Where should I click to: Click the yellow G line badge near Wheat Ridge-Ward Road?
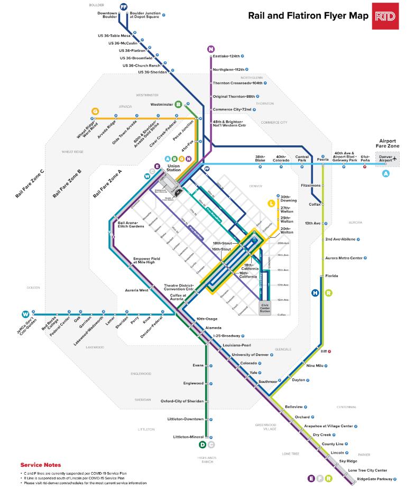click(x=95, y=111)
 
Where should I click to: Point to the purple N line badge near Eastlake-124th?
click(x=211, y=49)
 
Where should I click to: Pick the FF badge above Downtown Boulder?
click(x=124, y=6)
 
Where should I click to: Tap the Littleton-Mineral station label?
click(x=188, y=437)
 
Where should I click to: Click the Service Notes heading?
click(x=40, y=465)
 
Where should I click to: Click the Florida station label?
click(x=332, y=275)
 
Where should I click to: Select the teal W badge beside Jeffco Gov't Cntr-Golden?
click(x=25, y=314)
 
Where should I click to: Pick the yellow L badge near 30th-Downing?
click(x=272, y=203)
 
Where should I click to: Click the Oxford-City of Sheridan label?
click(x=182, y=401)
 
